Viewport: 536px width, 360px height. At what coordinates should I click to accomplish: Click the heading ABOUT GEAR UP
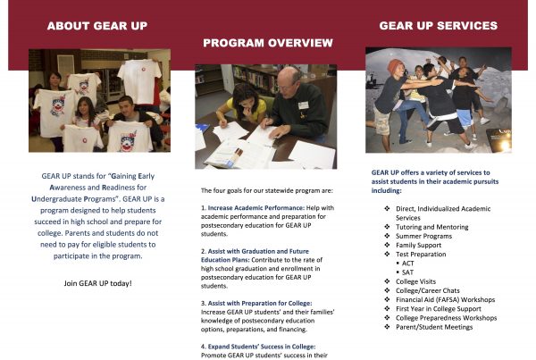(x=97, y=26)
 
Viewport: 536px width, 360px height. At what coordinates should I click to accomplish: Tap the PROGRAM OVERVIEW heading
(x=268, y=43)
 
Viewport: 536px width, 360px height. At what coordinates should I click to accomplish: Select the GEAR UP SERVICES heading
(x=439, y=26)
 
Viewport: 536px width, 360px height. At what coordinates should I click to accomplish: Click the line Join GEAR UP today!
(x=97, y=283)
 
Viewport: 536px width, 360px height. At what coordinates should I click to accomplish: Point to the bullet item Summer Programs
(x=423, y=236)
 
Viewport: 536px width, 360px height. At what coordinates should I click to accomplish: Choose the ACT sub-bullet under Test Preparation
(x=407, y=264)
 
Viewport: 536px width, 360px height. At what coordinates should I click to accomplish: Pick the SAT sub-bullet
(x=407, y=272)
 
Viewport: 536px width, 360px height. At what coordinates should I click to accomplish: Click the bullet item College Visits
(x=415, y=281)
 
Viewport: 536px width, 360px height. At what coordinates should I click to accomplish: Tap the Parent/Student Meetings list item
(x=434, y=327)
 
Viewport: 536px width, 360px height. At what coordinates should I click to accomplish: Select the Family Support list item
(x=418, y=245)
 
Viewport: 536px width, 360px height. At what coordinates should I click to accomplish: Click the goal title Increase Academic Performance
(x=256, y=208)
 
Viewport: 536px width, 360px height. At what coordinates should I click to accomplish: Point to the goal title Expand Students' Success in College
(x=262, y=347)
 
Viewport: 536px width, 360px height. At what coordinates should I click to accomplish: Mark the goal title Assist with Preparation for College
(x=260, y=303)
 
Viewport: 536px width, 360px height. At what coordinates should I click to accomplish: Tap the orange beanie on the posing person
(x=396, y=65)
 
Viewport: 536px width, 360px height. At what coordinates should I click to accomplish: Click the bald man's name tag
(x=303, y=105)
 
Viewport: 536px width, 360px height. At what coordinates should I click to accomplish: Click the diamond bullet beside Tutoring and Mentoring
(x=387, y=227)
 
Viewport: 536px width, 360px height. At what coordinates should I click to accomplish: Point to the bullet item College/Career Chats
(x=428, y=291)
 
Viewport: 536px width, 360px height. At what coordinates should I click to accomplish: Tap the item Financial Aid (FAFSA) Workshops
(x=446, y=300)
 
